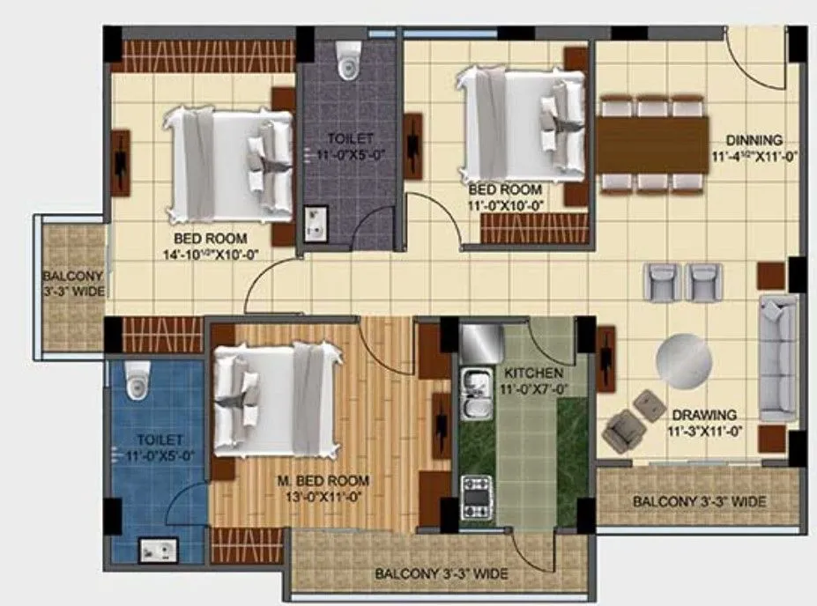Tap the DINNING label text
click(754, 140)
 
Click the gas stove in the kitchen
click(476, 495)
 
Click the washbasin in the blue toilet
click(159, 551)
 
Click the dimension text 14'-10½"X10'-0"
click(210, 254)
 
